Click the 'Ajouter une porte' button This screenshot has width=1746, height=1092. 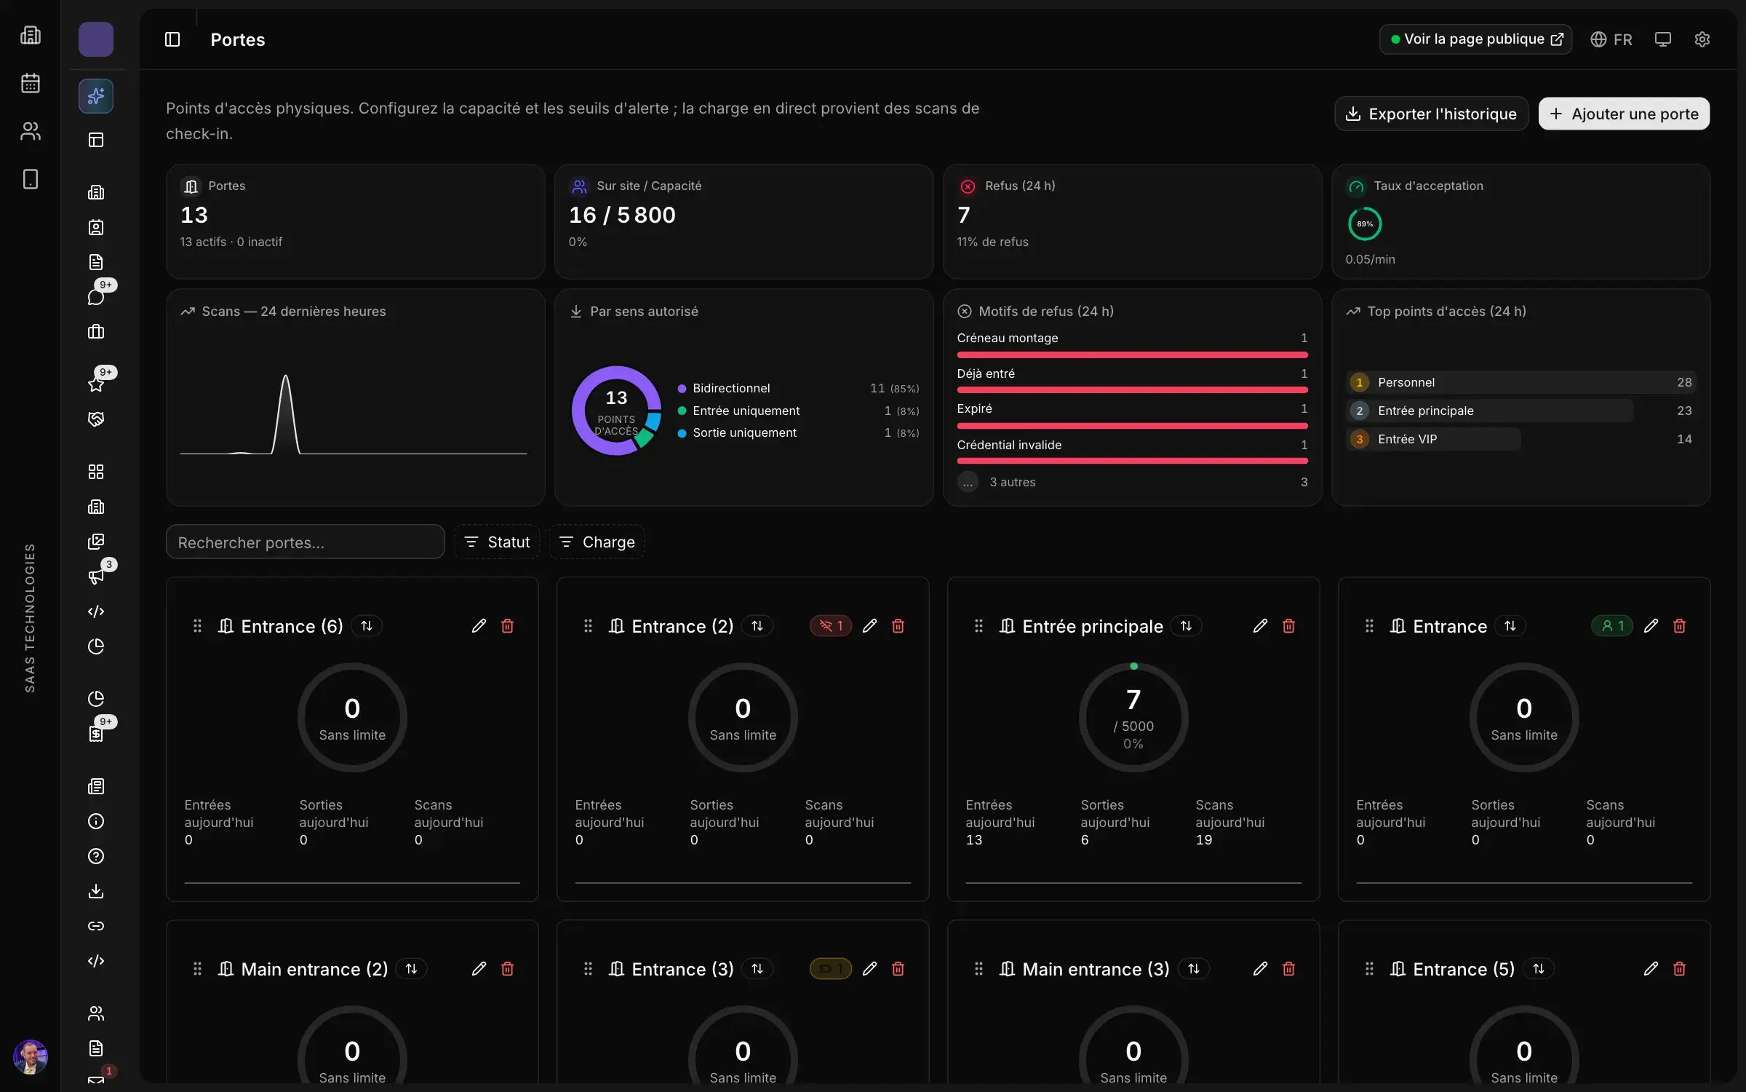1624,114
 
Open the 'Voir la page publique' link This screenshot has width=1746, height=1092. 1475,39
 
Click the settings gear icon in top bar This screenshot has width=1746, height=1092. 1702,39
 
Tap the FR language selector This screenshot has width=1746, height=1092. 1611,39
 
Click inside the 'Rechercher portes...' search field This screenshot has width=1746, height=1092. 305,542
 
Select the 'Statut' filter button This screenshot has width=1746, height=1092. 498,542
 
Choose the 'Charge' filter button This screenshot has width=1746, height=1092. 597,542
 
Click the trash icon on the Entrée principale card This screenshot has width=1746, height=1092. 1288,626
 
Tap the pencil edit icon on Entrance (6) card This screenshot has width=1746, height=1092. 479,626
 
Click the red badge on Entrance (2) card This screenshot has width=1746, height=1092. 831,626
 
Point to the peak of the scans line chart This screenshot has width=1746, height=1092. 285,376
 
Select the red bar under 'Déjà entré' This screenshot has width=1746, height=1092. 1132,390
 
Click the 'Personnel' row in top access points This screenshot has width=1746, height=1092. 1520,382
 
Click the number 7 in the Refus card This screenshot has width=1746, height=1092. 964,215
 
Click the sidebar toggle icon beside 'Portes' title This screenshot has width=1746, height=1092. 172,39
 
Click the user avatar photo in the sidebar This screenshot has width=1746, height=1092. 31,1057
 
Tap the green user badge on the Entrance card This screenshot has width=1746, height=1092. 1612,626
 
